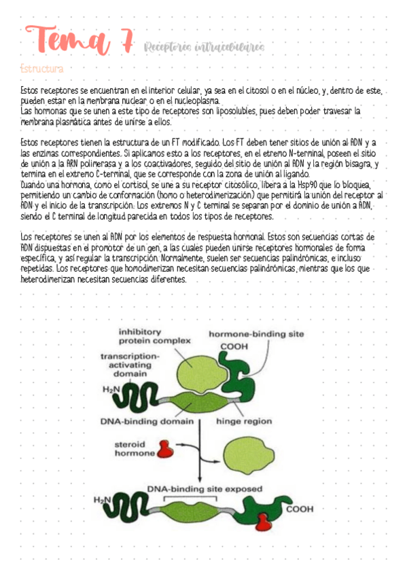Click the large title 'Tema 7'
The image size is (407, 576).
click(76, 41)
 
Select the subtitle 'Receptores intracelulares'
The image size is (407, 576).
click(204, 46)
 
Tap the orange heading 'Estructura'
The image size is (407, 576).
click(42, 69)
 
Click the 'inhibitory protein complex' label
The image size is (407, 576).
click(149, 336)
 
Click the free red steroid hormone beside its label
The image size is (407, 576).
click(165, 448)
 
